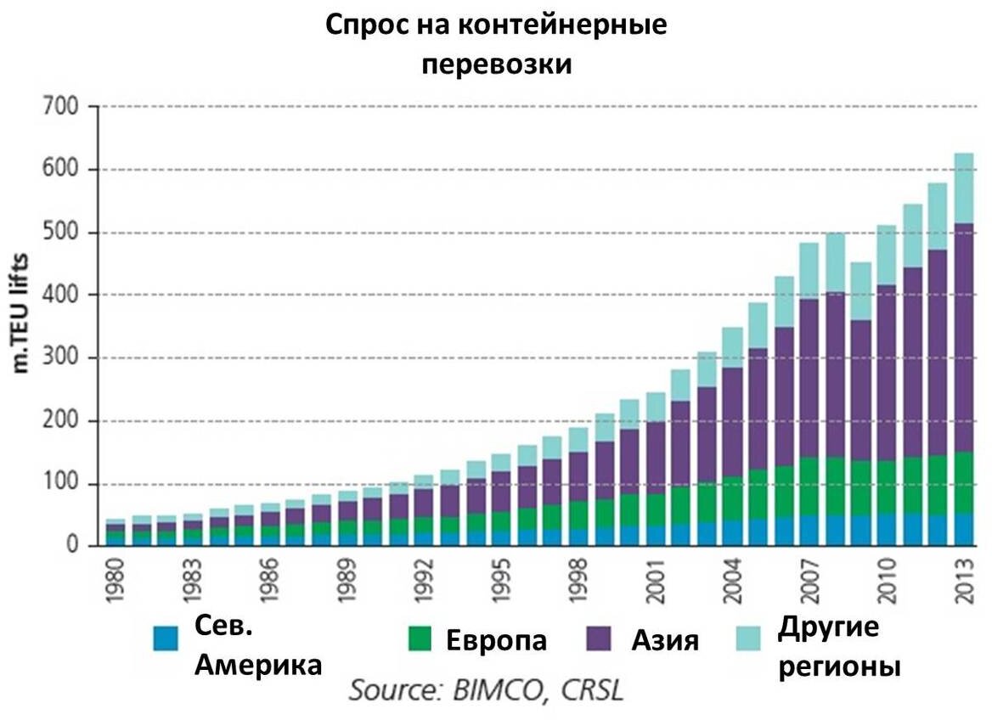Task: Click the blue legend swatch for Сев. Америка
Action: click(x=166, y=639)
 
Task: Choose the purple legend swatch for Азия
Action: click(x=601, y=639)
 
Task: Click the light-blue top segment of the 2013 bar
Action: click(x=963, y=188)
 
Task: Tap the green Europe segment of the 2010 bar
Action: click(x=885, y=487)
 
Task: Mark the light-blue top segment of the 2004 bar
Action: click(x=731, y=347)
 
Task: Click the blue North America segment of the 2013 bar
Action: click(x=963, y=530)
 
